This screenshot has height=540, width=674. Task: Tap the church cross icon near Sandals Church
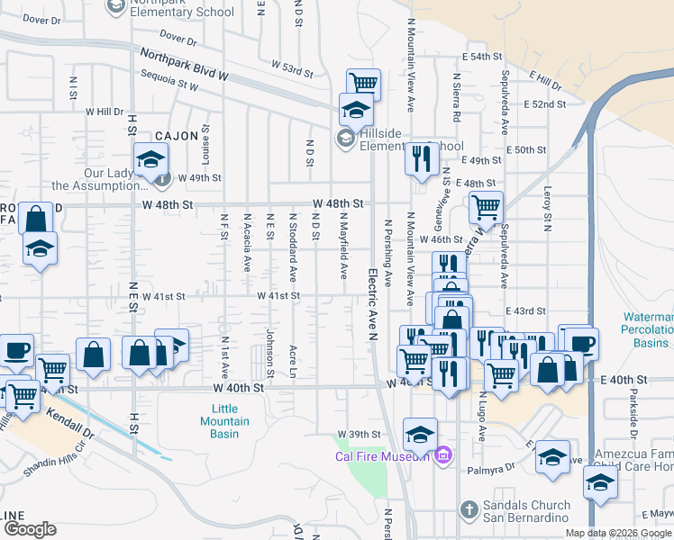(x=468, y=510)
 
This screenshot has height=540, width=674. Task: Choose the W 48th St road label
(x=338, y=204)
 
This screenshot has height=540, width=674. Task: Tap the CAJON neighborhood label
(x=177, y=135)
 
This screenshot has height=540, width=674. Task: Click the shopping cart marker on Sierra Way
(x=485, y=207)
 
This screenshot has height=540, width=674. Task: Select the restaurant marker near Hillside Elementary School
(x=421, y=158)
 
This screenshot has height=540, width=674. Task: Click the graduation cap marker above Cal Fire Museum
(x=420, y=435)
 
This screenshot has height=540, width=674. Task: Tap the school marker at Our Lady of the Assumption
(x=150, y=159)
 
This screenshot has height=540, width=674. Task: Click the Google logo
(x=30, y=528)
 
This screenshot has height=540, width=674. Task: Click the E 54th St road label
(x=485, y=56)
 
